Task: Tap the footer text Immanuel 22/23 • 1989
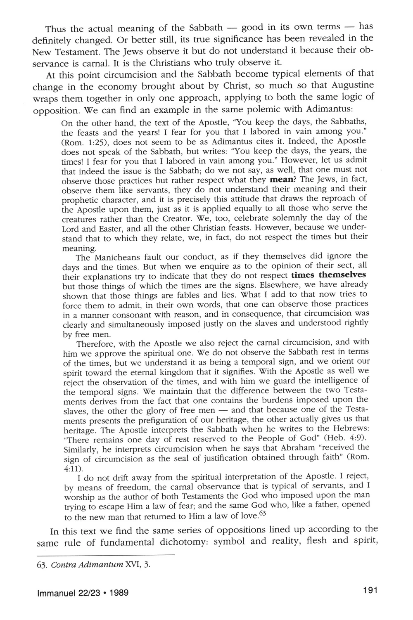[x=83, y=593]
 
